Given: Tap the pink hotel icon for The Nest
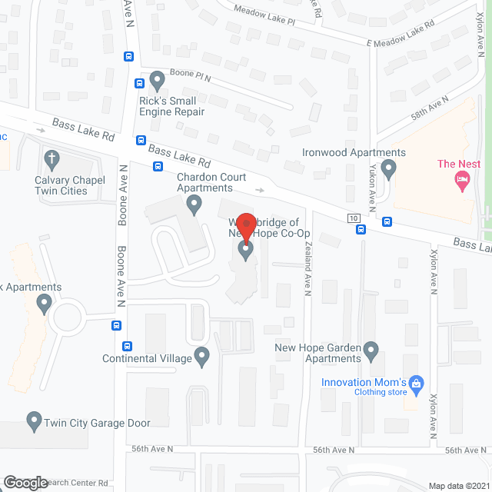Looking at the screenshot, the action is (462, 182).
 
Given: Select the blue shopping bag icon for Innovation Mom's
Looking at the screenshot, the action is (417, 382).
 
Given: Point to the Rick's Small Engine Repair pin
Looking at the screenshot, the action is (158, 79).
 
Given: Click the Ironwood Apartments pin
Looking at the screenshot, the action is (388, 168).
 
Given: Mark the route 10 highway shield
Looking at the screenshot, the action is (354, 218).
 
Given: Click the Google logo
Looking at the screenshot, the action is (25, 483).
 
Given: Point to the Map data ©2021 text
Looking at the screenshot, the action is (458, 486).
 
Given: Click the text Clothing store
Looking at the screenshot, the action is (381, 391).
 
